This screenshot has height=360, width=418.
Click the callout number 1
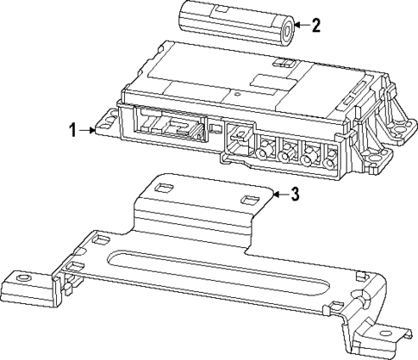[x=72, y=130]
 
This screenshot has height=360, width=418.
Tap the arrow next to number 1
[x=90, y=130]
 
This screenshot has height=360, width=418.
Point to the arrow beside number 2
[x=297, y=25]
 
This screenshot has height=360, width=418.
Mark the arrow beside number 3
[x=278, y=196]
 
